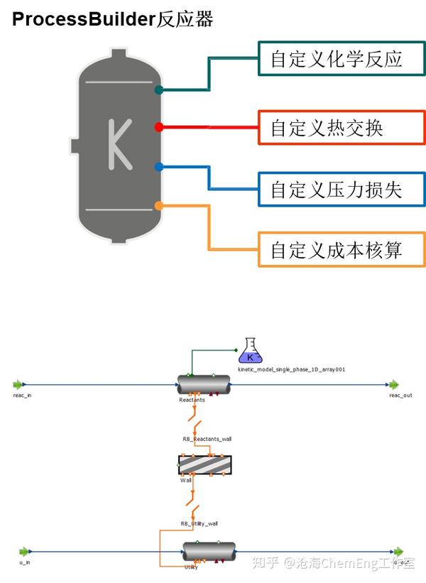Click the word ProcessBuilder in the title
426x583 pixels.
[x=83, y=19]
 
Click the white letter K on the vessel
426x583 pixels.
[x=119, y=144]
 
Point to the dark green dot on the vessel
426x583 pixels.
[x=159, y=90]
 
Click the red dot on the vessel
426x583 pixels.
[x=159, y=127]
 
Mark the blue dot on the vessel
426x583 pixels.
[x=159, y=167]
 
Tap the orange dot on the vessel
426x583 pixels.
[x=159, y=206]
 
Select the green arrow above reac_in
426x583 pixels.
[x=18, y=385]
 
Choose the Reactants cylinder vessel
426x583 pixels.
[x=204, y=386]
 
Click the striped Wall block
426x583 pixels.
[x=204, y=465]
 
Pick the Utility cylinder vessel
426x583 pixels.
[x=209, y=551]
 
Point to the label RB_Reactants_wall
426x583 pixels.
[x=207, y=439]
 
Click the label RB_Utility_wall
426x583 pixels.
[x=199, y=523]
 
